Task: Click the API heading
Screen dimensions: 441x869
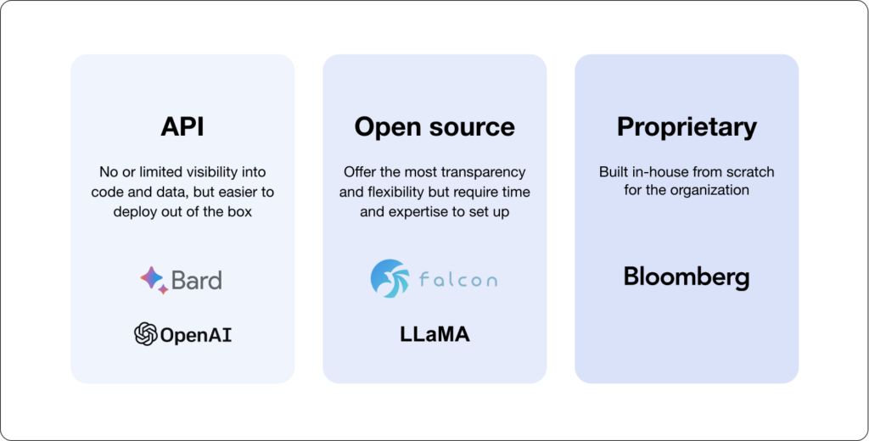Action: tap(182, 126)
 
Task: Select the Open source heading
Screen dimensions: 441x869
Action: tap(434, 126)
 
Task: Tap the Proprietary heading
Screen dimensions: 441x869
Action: tap(687, 126)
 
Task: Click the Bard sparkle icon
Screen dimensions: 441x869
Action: tap(154, 279)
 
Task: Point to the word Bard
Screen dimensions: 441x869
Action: tap(197, 279)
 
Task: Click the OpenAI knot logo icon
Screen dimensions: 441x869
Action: tap(145, 334)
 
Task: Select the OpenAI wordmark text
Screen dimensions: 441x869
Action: tap(196, 335)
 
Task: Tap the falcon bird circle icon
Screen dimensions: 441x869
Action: tap(390, 279)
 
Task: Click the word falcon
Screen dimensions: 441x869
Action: tap(457, 280)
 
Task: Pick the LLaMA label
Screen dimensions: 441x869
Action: tap(434, 334)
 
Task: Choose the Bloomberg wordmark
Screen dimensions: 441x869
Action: tap(687, 277)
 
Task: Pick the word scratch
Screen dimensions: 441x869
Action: tap(748, 172)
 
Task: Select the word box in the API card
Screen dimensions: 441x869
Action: tap(240, 211)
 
